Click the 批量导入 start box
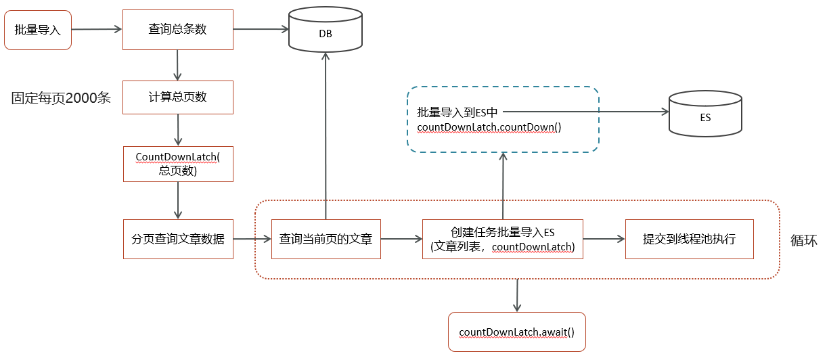(x=38, y=30)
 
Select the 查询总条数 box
(x=177, y=30)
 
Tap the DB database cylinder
(x=325, y=30)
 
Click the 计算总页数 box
(x=177, y=97)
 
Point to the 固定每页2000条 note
(x=61, y=98)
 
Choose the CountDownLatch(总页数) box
(x=178, y=164)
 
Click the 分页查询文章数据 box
(x=178, y=239)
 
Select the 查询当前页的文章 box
(x=326, y=239)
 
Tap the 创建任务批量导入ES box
(x=503, y=239)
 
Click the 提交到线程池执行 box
(x=689, y=239)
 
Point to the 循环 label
(x=803, y=241)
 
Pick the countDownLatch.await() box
(x=516, y=332)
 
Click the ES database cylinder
(x=704, y=114)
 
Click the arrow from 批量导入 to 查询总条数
(x=96, y=29)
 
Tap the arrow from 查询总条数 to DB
(x=261, y=29)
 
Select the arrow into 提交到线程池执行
(x=604, y=238)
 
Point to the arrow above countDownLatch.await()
(x=517, y=295)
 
